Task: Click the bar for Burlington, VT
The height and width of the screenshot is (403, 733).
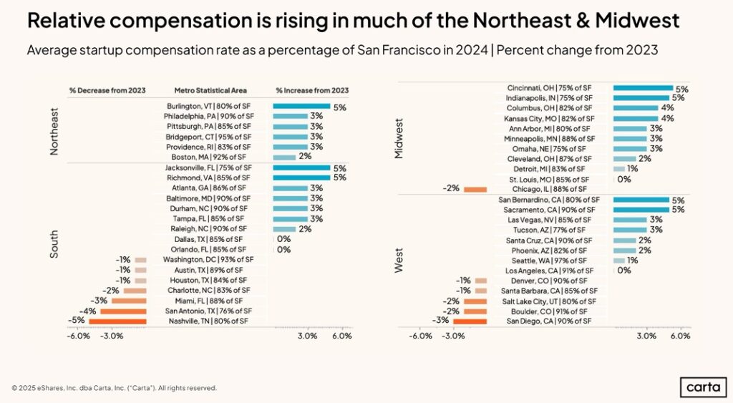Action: pos(301,106)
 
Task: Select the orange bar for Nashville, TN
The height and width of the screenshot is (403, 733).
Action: pos(117,321)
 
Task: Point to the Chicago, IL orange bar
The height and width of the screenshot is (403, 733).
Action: pos(475,189)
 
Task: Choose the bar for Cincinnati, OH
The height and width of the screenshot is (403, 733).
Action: pos(642,88)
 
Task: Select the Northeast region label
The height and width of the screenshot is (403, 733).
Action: pos(54,131)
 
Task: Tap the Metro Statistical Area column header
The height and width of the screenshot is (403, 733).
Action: pos(210,91)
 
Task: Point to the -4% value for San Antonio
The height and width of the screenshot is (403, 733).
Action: pos(89,311)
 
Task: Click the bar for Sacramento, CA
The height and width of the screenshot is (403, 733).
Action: pos(641,210)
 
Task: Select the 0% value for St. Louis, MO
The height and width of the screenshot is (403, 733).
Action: pos(623,179)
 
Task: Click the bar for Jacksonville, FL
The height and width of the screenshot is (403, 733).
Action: pos(301,167)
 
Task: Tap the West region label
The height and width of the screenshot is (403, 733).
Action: pos(400,260)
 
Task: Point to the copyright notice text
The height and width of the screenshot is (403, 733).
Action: pos(114,388)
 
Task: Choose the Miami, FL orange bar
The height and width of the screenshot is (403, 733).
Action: pos(129,301)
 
